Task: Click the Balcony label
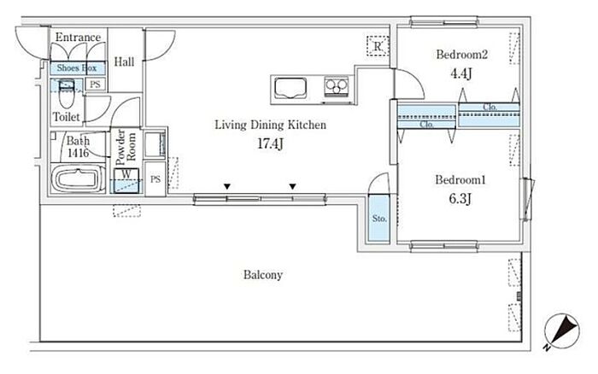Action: coord(263,275)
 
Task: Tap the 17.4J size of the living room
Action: coord(271,143)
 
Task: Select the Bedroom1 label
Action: coord(460,179)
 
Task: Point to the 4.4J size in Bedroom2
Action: coord(461,73)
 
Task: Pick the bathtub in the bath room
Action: coord(78,178)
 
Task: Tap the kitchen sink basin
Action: coord(290,88)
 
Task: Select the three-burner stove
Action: coord(336,86)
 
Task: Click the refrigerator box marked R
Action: coord(378,46)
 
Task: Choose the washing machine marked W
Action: coord(126,181)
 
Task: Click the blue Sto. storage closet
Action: coord(379,219)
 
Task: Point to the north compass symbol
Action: coord(561,331)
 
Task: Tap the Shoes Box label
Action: coord(77,68)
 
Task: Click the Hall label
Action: coord(125,61)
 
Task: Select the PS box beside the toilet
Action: coord(96,85)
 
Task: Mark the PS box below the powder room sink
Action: coord(155,179)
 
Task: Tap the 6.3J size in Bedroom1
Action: coord(460,198)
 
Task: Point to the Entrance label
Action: coord(79,37)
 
